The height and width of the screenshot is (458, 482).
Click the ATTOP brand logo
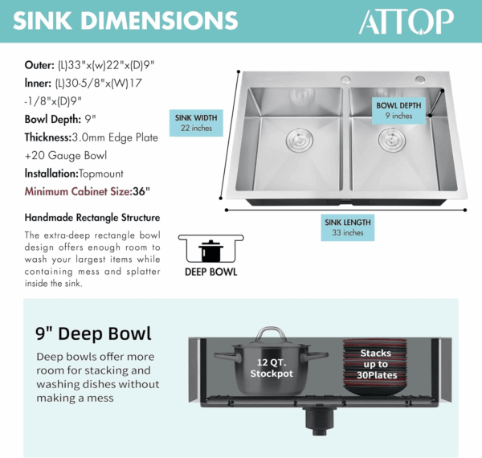point(406,21)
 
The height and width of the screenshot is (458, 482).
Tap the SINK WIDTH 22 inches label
point(196,123)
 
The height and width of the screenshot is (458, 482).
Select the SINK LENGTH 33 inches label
point(348,227)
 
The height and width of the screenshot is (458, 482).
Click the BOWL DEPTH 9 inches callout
point(398,111)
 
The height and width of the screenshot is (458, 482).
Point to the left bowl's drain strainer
point(300,140)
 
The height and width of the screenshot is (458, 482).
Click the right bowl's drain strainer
point(392,140)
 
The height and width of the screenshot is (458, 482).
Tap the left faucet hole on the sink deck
point(345,80)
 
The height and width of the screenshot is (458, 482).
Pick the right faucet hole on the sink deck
point(420,80)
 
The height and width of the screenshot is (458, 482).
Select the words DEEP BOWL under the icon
point(210,272)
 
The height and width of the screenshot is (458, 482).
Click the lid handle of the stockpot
point(271,333)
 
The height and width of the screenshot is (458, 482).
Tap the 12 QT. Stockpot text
point(272,368)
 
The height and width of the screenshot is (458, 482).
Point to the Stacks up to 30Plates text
point(376,364)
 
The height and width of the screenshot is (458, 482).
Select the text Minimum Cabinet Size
point(78,191)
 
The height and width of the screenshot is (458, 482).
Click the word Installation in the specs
point(51,174)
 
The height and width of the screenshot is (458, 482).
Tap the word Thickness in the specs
point(48,137)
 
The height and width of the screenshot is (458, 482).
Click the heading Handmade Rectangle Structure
point(92,218)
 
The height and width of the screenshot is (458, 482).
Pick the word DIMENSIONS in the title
point(159,21)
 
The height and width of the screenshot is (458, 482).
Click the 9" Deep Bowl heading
point(93,333)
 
